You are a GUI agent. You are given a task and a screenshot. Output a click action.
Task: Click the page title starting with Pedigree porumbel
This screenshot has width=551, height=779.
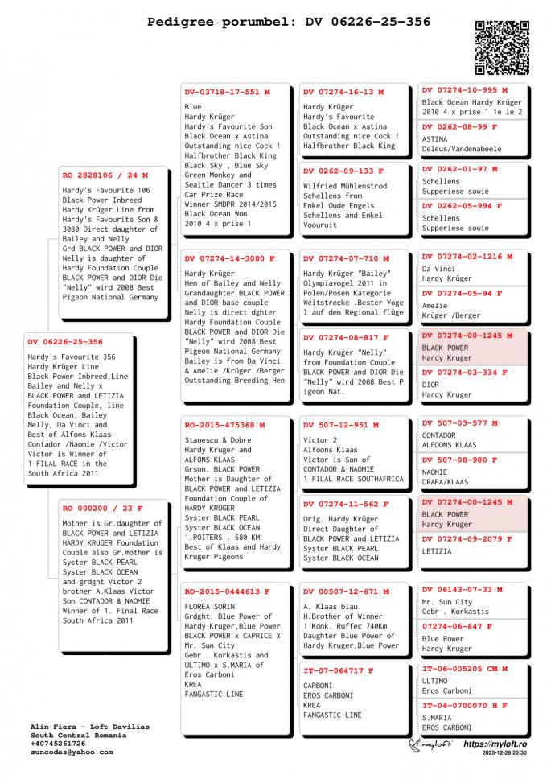pos(289,22)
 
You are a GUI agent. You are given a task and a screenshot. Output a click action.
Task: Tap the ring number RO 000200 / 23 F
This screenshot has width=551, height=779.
pos(102,509)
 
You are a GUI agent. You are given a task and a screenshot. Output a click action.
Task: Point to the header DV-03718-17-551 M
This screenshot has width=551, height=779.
pos(227,93)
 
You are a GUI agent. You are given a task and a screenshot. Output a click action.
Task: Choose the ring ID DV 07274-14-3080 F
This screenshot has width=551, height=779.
pos(229,259)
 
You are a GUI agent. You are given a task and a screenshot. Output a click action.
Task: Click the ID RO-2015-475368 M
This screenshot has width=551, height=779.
pos(224,425)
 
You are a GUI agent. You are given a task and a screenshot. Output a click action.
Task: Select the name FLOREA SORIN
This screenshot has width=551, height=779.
pos(211,606)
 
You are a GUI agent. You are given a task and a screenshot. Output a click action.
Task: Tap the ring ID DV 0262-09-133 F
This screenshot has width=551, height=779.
pos(343,171)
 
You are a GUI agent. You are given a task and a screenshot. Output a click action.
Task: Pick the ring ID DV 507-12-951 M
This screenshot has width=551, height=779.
pos(341,425)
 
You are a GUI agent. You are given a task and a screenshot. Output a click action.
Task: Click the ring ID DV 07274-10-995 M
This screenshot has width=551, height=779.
pos(465,90)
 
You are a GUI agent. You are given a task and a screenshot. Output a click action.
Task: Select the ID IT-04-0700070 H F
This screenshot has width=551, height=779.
pos(465,706)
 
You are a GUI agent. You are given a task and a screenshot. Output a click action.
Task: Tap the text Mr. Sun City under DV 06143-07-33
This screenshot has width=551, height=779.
pos(447,602)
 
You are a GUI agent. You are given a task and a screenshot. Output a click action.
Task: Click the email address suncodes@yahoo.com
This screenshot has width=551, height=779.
pos(72,752)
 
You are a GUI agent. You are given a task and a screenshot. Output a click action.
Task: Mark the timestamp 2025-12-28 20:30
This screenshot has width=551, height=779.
pos(505,754)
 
